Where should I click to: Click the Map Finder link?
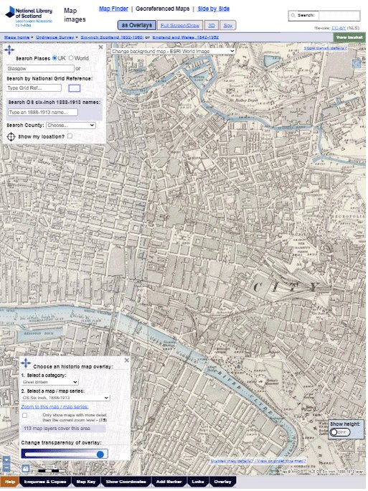point(113,8)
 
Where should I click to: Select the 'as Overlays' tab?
point(135,25)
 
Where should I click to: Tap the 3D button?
point(212,25)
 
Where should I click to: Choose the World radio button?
point(71,57)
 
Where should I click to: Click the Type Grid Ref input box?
point(34,88)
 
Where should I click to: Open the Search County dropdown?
point(70,125)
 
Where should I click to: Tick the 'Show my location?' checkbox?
point(70,136)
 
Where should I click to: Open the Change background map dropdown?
point(172,51)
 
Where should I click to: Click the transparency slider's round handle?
point(100,454)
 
